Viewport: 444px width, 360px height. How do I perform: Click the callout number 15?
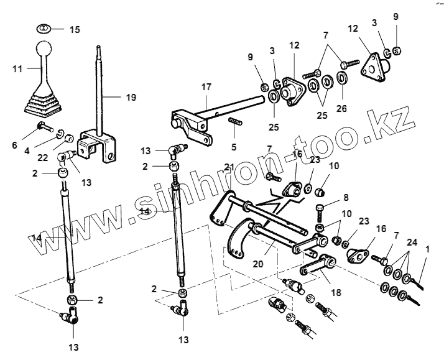(x=75, y=30)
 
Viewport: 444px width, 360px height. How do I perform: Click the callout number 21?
(x=229, y=167)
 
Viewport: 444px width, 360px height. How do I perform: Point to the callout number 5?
(x=233, y=148)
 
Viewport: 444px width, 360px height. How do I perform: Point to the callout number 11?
(x=17, y=69)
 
